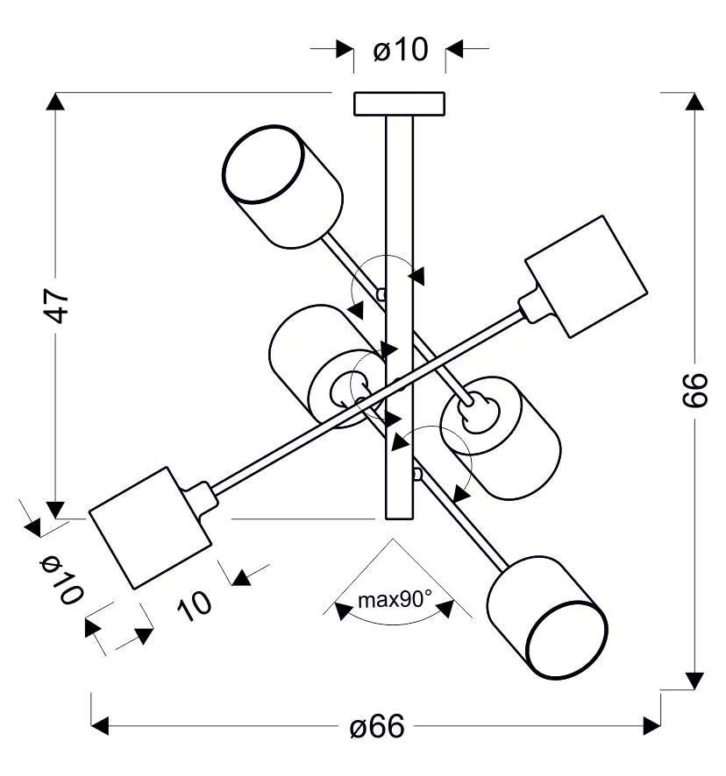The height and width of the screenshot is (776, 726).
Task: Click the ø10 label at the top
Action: pyautogui.click(x=400, y=50)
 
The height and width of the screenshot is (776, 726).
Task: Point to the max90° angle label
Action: pyautogui.click(x=395, y=600)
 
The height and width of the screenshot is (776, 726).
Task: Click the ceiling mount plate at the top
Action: pyautogui.click(x=399, y=102)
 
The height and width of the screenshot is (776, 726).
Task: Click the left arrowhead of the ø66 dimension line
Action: pyautogui.click(x=100, y=726)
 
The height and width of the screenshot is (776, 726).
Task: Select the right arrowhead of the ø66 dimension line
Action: pyautogui.click(x=651, y=726)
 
